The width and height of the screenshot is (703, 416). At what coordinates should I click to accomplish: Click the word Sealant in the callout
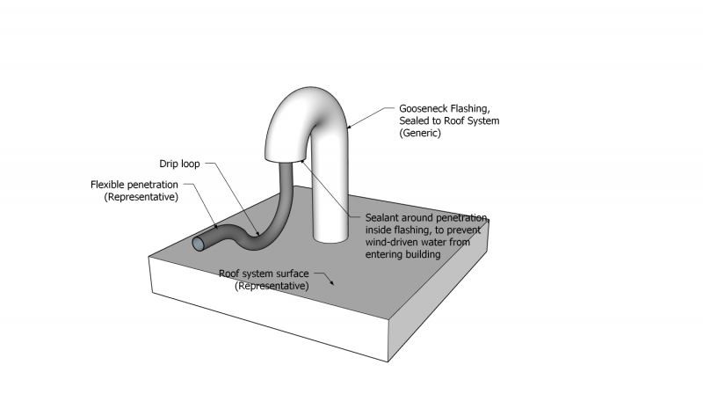coord(383,218)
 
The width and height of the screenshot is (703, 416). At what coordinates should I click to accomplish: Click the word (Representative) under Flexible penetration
coord(141,197)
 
